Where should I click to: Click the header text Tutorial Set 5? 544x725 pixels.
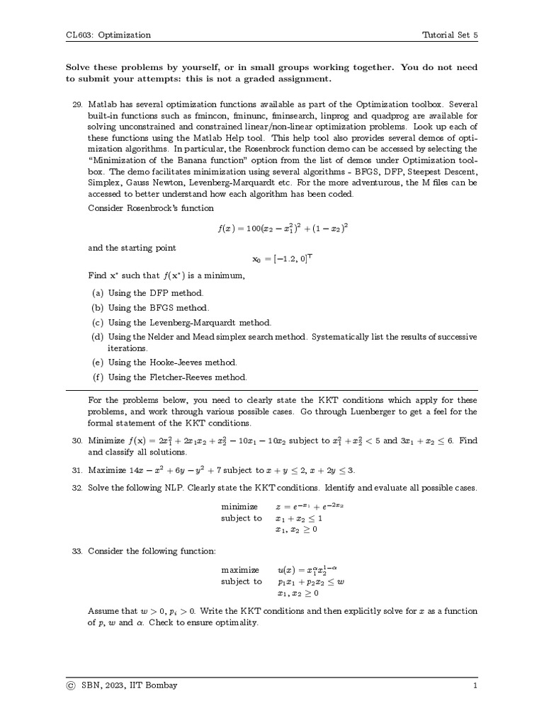(x=450, y=35)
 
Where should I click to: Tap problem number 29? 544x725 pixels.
(x=78, y=104)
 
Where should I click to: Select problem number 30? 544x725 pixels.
(x=78, y=440)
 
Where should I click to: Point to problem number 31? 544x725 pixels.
(x=78, y=470)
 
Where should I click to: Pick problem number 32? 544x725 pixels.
(x=78, y=489)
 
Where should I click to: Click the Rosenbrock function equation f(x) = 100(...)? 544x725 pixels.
(x=283, y=229)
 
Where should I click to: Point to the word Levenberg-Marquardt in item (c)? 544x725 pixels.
(x=194, y=322)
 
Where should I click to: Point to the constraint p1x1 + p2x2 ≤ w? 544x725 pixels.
(x=311, y=581)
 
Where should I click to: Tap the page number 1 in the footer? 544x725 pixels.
(x=475, y=685)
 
